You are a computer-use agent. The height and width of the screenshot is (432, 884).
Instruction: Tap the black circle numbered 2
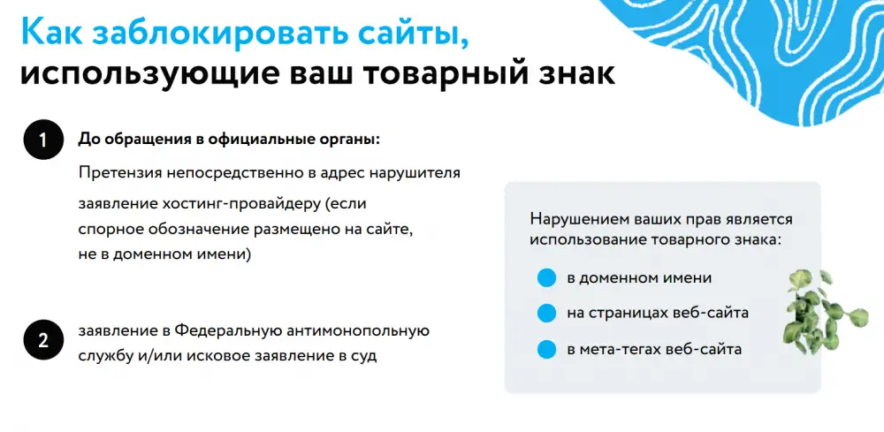point(42,340)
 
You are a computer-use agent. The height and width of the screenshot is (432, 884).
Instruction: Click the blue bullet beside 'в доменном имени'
point(546,277)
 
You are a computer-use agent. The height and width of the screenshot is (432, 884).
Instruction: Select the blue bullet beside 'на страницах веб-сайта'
point(546,313)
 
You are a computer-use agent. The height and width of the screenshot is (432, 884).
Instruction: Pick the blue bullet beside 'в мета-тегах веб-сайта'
point(546,349)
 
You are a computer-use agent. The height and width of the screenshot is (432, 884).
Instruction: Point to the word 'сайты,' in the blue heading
point(413,35)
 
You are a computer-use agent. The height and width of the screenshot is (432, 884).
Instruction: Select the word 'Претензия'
point(120,173)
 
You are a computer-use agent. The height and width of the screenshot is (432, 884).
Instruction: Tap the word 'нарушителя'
point(415,173)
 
